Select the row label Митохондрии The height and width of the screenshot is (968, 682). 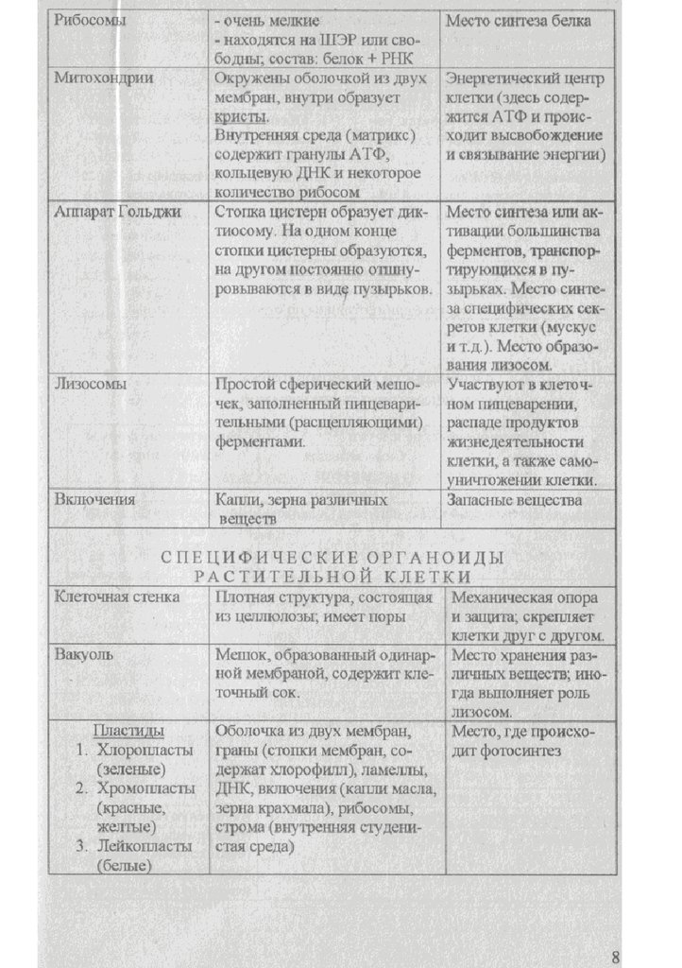103,78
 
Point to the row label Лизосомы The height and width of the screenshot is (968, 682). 91,386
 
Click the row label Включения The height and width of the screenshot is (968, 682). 94,500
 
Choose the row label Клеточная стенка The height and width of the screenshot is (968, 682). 116,597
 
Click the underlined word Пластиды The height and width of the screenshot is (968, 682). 129,732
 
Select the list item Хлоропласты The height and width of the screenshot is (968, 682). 145,751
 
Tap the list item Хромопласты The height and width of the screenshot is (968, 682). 145,788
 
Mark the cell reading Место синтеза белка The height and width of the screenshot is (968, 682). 520,21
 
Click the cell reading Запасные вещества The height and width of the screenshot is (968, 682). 515,500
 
